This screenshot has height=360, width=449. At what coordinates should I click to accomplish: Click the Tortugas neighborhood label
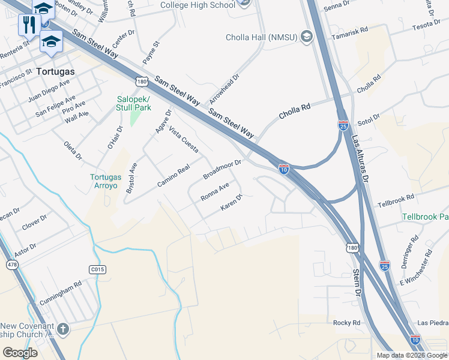pyautogui.click(x=56, y=71)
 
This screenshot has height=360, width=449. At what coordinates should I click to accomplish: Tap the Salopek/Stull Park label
pyautogui.click(x=133, y=103)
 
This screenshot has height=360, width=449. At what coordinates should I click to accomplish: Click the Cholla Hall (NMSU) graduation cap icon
pyautogui.click(x=307, y=37)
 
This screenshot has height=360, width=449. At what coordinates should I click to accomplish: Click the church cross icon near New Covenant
pyautogui.click(x=62, y=329)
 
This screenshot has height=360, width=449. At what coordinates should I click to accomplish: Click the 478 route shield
pyautogui.click(x=11, y=264)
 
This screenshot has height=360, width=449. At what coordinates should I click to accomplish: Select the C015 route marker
pyautogui.click(x=97, y=270)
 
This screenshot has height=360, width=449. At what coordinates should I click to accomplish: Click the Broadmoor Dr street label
pyautogui.click(x=222, y=170)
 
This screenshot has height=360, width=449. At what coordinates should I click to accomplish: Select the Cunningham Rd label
pyautogui.click(x=61, y=291)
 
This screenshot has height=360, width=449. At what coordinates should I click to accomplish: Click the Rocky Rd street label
pyautogui.click(x=346, y=323)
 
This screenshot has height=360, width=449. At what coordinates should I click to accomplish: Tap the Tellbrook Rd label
pyautogui.click(x=396, y=201)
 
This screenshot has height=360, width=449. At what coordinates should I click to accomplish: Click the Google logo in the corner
pyautogui.click(x=20, y=353)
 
